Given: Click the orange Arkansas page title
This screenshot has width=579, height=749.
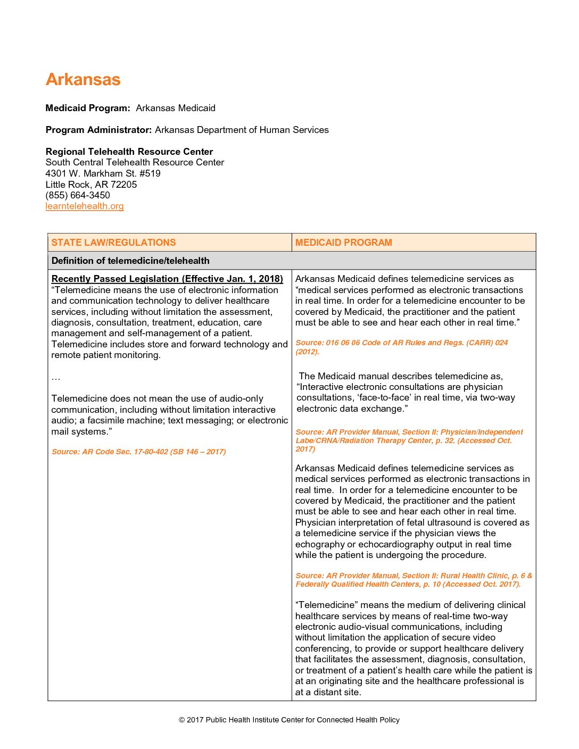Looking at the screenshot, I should (83, 79).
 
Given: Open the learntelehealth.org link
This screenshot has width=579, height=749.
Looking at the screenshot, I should (85, 206).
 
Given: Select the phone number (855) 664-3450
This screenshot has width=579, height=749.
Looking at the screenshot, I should (78, 195).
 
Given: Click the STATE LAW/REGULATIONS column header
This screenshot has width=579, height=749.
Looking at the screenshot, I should (113, 243).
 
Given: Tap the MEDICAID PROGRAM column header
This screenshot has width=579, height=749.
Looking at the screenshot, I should (344, 243).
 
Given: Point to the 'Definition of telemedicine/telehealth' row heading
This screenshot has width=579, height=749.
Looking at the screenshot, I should (130, 261).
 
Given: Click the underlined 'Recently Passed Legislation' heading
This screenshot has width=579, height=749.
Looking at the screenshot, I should (167, 279).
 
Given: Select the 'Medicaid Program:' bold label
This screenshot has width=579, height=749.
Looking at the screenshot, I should (88, 108).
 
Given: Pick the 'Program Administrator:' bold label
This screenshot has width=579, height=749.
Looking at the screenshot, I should (99, 130).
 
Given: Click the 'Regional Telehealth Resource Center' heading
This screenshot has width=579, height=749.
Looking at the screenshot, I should (129, 152).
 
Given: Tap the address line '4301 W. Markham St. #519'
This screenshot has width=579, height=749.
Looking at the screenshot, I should (103, 173).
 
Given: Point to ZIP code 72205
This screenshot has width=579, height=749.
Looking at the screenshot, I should (123, 185).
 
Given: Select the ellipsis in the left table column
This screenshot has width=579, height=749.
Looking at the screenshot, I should (56, 378).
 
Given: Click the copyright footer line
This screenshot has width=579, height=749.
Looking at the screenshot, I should (289, 720).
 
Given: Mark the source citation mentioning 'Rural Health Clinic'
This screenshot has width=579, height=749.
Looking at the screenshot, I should (413, 580).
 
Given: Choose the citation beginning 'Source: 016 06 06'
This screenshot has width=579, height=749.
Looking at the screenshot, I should (401, 347).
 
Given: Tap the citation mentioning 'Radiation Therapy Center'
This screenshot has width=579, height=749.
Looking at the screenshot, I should (409, 440).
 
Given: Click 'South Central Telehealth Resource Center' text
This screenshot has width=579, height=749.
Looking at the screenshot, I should (135, 162).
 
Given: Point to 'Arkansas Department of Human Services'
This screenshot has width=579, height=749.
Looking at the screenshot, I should (242, 130).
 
